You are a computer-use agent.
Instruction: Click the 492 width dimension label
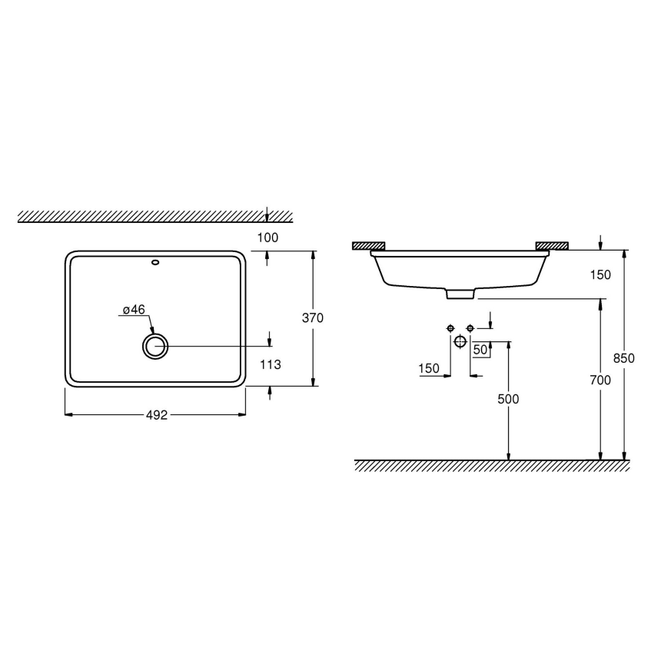pos(157,414)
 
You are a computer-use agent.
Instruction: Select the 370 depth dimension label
pos(313,317)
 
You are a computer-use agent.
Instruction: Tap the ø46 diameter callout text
pos(134,309)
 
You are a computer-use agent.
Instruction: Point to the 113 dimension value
pos(270,365)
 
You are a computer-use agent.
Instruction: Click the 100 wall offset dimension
pos(267,237)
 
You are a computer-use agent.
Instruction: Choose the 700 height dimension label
pos(600,380)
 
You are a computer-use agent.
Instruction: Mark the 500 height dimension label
pos(508,399)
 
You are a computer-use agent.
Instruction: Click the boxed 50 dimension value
pos(481,350)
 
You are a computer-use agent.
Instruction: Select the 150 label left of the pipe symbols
pos(429,369)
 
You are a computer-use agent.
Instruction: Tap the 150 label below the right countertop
pos(601,274)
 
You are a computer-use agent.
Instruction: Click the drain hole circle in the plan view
pos(155,347)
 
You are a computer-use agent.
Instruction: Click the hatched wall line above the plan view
pos(154,217)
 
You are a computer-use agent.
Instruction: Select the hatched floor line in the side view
pos(492,466)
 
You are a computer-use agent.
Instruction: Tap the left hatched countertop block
pos(368,246)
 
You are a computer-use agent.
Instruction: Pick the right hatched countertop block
pos(552,246)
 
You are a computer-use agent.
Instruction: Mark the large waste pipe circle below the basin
pos(460,341)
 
